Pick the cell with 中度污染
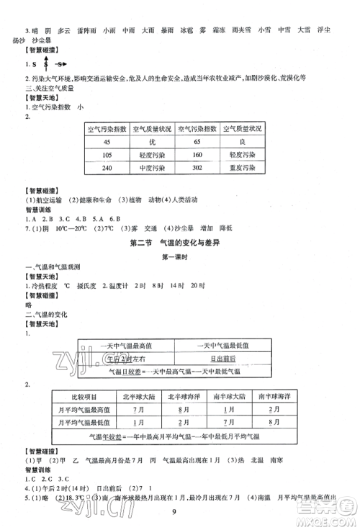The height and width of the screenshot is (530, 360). point(153,168)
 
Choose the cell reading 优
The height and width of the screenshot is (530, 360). point(153,142)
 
